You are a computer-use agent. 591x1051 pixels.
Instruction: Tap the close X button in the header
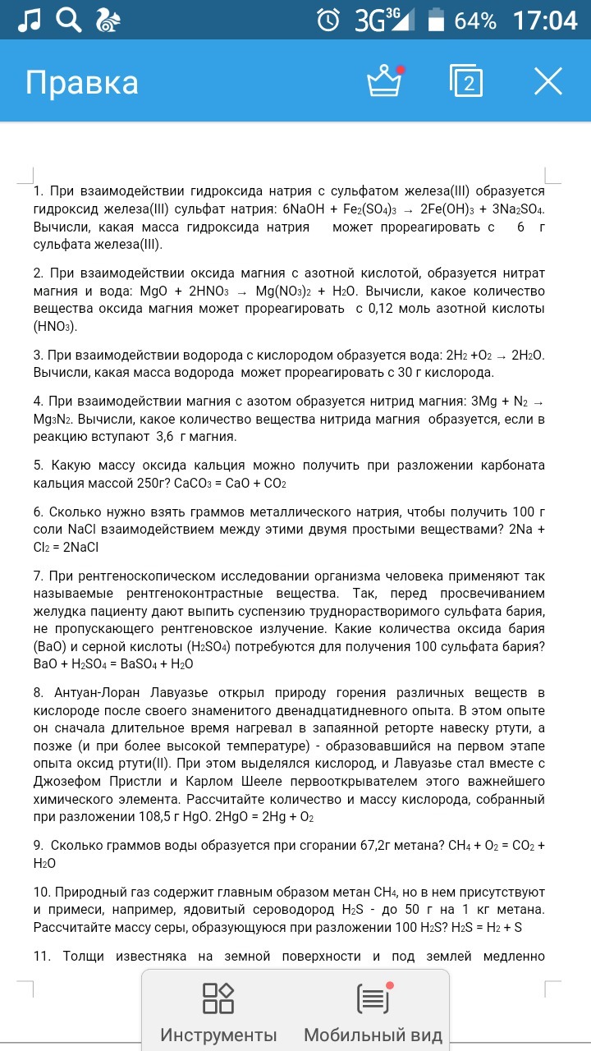tap(548, 81)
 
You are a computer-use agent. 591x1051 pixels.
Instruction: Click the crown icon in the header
tap(383, 81)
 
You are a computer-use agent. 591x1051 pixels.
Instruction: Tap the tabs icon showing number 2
tap(467, 81)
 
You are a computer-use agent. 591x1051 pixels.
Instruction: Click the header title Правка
tap(82, 83)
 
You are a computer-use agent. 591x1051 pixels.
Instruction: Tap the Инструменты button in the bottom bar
tap(218, 1013)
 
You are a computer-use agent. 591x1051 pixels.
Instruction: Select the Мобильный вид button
tap(373, 1013)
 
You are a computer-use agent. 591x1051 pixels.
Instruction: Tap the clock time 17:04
tap(545, 20)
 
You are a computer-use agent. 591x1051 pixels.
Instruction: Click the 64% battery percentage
tap(475, 21)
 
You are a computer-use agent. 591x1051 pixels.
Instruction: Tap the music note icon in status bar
tap(30, 20)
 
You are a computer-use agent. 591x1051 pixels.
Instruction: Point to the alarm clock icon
tap(328, 20)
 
